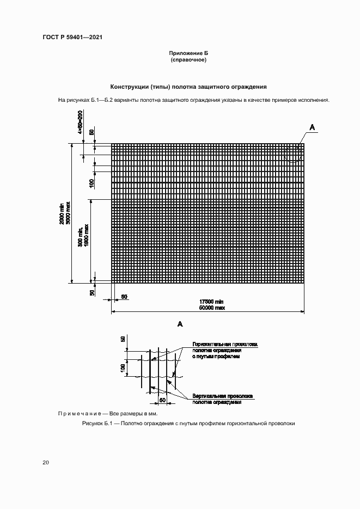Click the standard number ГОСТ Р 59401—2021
(x=72, y=38)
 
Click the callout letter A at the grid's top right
(x=312, y=127)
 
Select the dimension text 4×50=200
(x=80, y=122)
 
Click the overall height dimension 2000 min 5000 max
(x=65, y=213)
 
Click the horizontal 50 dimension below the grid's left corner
(x=124, y=297)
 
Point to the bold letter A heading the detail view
(x=180, y=324)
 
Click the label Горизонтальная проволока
(x=224, y=345)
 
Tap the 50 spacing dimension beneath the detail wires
(x=162, y=400)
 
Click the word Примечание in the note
(x=78, y=414)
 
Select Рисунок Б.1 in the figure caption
(x=98, y=424)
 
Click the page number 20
(x=46, y=463)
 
